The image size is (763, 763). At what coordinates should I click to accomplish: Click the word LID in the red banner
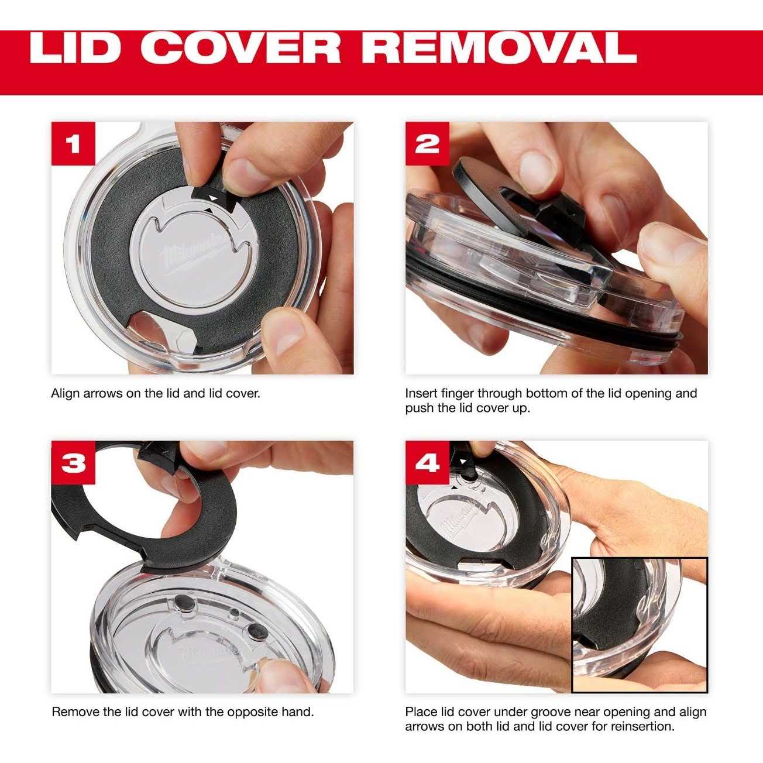(75, 48)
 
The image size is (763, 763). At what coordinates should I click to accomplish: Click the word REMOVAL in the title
(499, 48)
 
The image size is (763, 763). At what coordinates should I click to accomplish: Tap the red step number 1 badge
(73, 143)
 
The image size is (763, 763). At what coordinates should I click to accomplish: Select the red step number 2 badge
(427, 143)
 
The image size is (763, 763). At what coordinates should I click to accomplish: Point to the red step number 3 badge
(73, 462)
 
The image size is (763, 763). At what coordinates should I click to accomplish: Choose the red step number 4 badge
(427, 462)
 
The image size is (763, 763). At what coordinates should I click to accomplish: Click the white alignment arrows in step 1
(211, 202)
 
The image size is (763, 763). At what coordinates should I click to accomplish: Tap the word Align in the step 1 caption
(66, 394)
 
